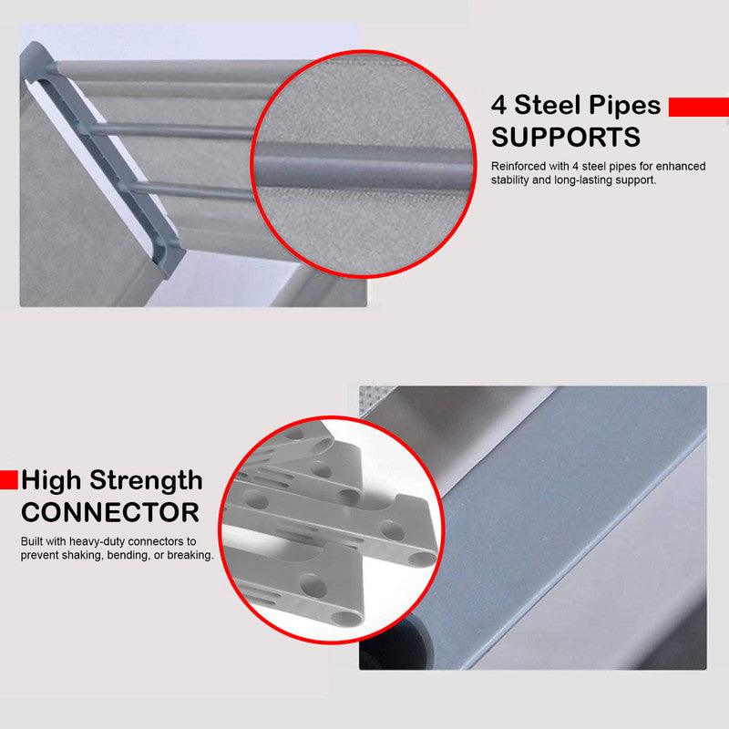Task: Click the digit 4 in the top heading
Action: click(498, 105)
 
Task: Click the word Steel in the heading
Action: click(548, 105)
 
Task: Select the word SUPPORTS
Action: click(566, 138)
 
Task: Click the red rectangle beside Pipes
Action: click(699, 107)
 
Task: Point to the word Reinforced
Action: click(519, 166)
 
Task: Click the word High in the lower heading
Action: click(51, 481)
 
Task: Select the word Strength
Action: click(146, 481)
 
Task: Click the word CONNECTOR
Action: click(110, 512)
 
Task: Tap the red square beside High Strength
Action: click(9, 480)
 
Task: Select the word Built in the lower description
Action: click(32, 541)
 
